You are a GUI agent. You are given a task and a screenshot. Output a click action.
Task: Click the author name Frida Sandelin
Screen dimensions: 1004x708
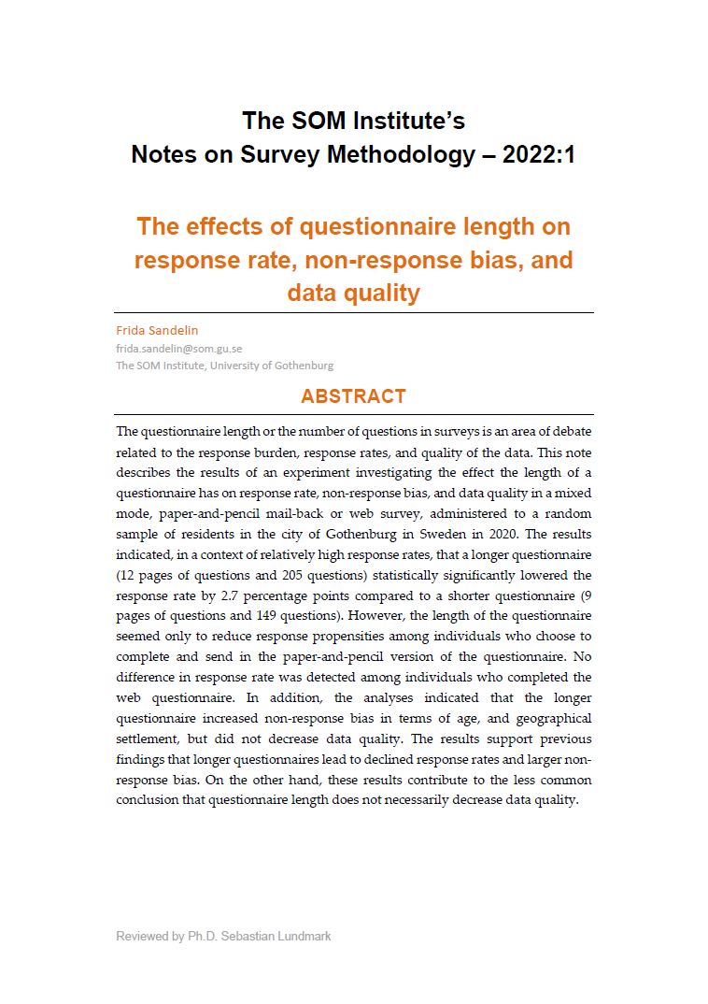[x=157, y=330]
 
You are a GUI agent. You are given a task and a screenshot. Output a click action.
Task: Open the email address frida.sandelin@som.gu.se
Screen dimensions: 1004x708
[x=179, y=348]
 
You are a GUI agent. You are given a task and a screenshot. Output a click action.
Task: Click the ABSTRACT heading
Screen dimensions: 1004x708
[x=353, y=396]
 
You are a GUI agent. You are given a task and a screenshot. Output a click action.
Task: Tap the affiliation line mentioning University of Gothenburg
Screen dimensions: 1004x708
[x=224, y=366]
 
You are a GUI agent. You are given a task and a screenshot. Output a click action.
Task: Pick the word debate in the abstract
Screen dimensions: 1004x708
[x=572, y=431]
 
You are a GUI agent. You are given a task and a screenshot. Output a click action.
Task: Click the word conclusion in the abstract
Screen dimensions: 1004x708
[x=149, y=800]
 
